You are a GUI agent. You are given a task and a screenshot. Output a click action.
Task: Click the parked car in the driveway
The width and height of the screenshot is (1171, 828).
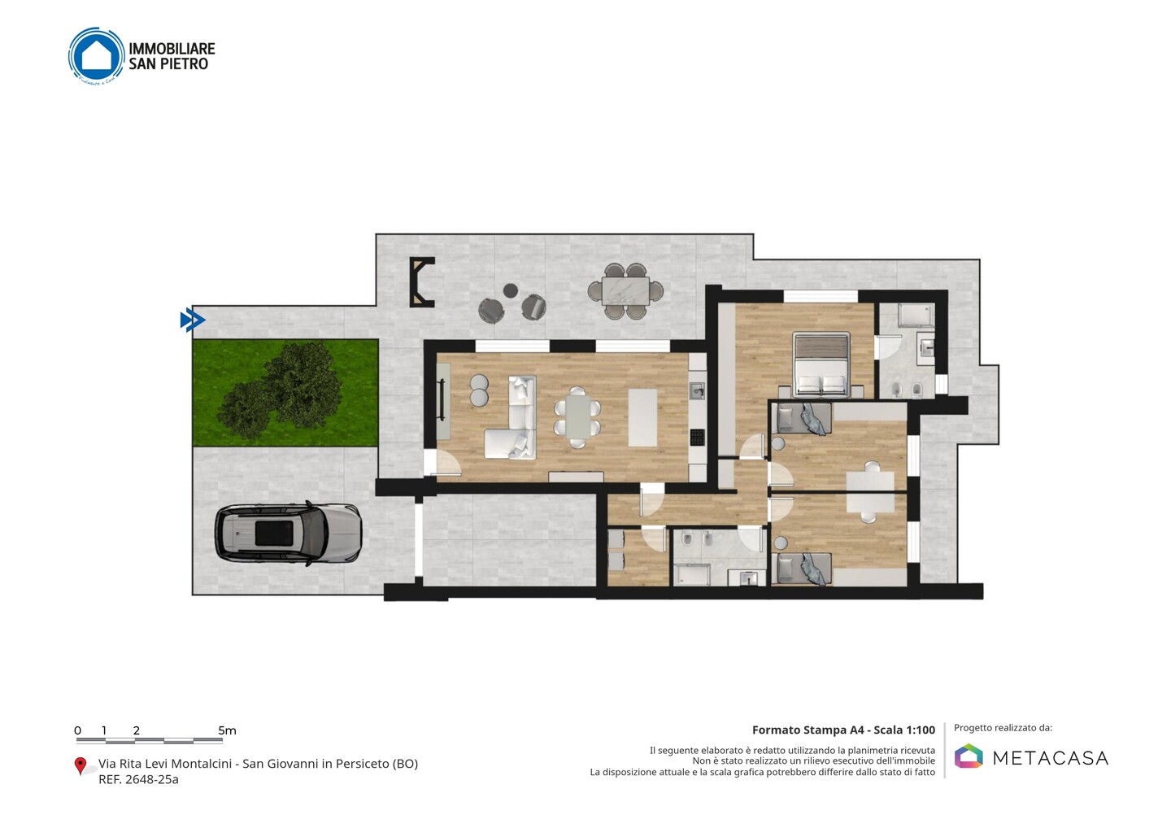coord(289,534)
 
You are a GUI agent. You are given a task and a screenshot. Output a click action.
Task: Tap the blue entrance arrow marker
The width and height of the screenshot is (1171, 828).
coord(193,320)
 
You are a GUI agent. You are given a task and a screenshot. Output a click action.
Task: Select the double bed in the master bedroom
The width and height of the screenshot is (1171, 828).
coord(821,364)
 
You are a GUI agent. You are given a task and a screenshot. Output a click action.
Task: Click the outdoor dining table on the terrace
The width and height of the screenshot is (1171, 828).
coord(625,290)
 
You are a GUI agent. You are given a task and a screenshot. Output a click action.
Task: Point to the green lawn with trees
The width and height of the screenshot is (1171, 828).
coord(285,393)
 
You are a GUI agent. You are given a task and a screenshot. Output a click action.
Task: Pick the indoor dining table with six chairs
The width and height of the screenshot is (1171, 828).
coord(577,417)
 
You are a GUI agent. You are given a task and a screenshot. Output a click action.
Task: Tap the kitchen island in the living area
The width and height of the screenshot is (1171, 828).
coord(642,417)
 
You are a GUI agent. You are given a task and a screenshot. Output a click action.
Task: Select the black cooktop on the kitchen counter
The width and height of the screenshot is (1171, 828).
coord(698,437)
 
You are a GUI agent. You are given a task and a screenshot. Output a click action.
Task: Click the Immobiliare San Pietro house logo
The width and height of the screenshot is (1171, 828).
coord(96,56)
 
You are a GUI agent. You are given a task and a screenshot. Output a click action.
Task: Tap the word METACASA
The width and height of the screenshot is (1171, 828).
coord(1050,758)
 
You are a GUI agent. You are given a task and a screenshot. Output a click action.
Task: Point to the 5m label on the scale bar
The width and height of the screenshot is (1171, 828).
coord(227,730)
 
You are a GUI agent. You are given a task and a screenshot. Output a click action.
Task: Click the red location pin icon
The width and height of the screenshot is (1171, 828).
coord(80,766)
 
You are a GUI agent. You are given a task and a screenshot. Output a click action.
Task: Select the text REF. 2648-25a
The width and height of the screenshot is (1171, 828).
coord(138,779)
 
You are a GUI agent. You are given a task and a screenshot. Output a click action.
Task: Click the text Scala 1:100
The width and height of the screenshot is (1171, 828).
coord(904,730)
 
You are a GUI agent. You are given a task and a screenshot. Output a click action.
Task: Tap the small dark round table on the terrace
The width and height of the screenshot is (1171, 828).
coord(510,290)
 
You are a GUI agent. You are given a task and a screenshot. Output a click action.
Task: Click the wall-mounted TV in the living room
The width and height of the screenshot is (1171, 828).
coord(442,400)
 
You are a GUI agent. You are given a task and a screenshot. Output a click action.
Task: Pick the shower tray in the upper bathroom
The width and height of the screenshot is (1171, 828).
coord(916,316)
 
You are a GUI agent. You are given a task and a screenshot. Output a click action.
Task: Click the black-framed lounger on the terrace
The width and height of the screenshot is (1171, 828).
coord(421,282)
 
